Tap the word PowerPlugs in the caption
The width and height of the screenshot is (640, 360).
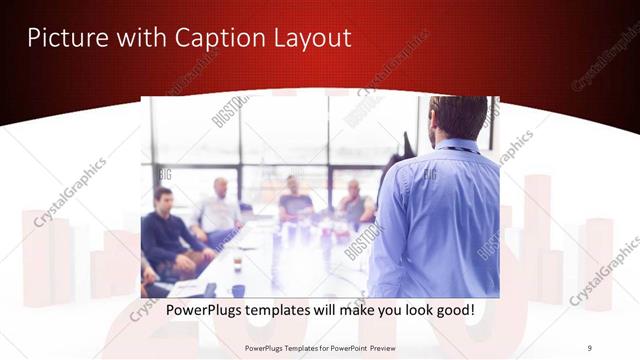[207, 311]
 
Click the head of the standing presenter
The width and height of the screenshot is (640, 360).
[457, 119]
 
